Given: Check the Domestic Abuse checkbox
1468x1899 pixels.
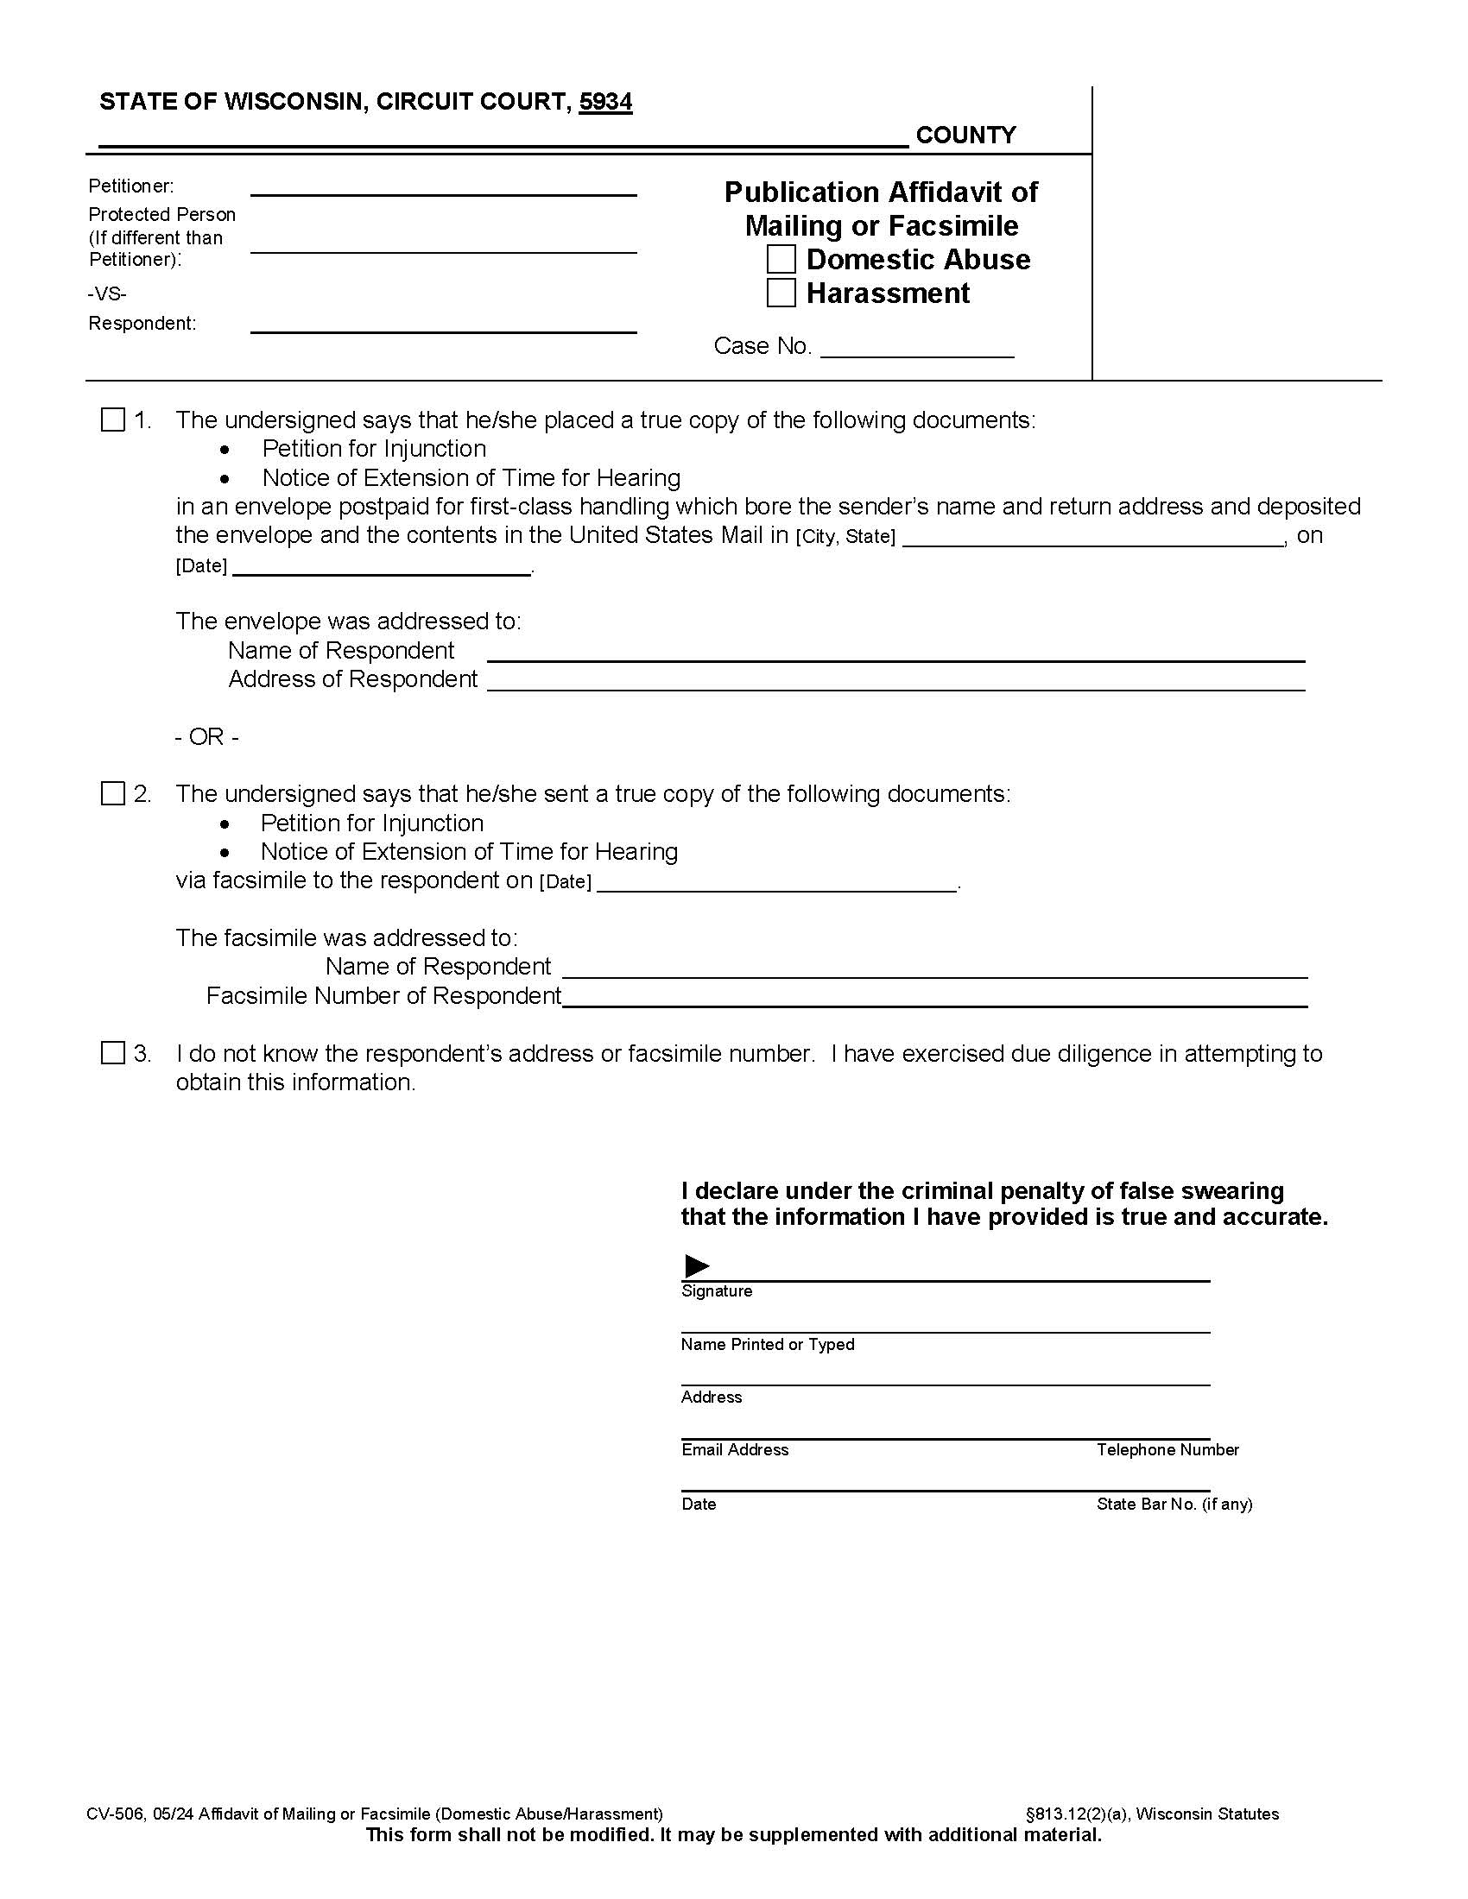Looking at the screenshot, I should coord(780,260).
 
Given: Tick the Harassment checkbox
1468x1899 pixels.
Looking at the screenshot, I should coord(780,293).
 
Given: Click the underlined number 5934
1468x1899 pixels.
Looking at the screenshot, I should coord(605,103).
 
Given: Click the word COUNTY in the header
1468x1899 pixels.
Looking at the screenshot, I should coord(965,136).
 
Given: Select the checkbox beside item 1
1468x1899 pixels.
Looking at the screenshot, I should coord(113,420).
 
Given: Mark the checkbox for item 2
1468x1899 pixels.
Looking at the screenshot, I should coord(113,794).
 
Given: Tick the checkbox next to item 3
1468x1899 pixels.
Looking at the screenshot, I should coord(113,1053).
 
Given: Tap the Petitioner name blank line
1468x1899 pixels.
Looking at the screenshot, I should coord(444,190).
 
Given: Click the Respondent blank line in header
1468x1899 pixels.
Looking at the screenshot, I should coord(444,326).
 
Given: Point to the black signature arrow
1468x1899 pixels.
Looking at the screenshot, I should coord(697,1266).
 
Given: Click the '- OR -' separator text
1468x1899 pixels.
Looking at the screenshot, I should coord(206,737).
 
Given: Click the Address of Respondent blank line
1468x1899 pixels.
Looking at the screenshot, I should coord(895,685).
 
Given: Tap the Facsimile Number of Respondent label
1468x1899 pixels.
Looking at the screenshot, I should coord(383,995).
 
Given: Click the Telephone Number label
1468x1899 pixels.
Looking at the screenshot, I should coord(1167,1449).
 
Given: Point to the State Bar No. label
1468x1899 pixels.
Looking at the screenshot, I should coord(1174,1504).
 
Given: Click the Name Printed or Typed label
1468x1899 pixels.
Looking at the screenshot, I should coord(767,1344).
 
